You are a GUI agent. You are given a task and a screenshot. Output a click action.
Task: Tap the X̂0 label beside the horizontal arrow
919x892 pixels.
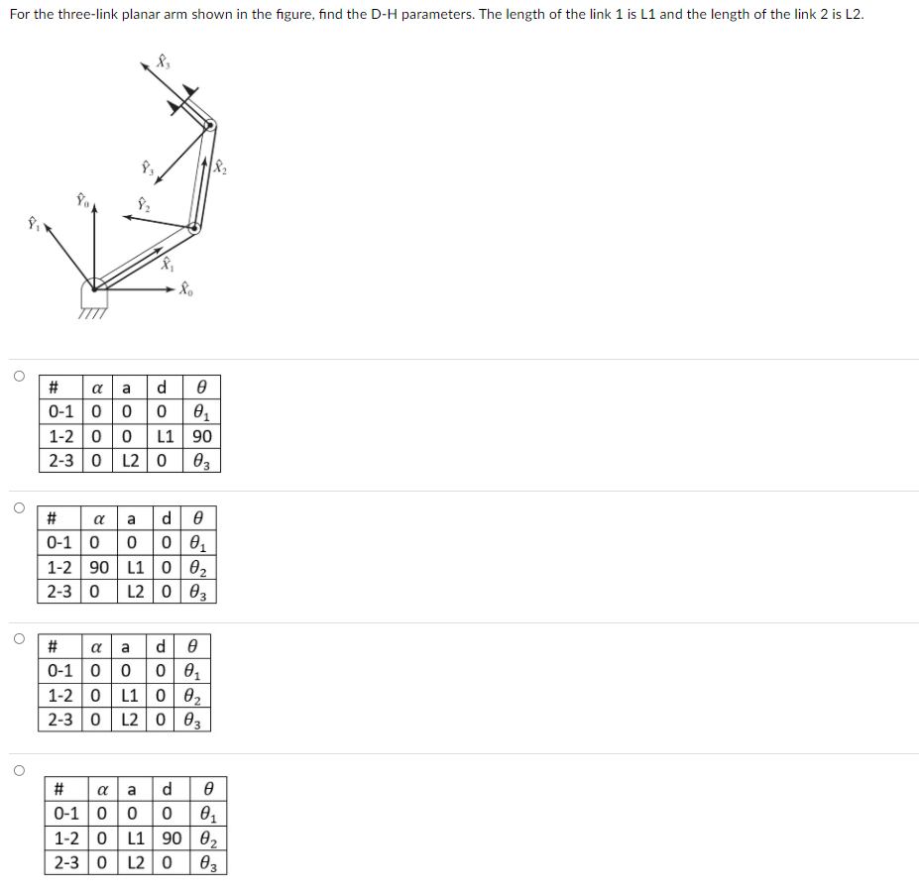[187, 290]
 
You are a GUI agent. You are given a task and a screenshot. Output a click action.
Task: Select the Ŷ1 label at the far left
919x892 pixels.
[33, 222]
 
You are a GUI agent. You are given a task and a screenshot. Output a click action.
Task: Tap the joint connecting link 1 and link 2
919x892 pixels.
[194, 227]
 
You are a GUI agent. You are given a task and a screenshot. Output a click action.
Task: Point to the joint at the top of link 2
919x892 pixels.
[209, 125]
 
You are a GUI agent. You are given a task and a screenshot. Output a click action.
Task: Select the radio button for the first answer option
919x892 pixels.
[18, 376]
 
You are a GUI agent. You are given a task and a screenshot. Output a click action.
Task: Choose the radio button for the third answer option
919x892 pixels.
[18, 638]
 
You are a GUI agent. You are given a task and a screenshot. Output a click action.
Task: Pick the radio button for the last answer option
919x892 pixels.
[18, 769]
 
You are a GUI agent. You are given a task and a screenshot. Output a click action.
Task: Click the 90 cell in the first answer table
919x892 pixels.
[202, 436]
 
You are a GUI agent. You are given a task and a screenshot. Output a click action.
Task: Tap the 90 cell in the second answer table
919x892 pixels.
[99, 568]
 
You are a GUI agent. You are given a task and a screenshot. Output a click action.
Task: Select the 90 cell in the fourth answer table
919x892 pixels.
[172, 838]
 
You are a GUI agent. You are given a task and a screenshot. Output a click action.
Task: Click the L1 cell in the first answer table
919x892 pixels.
[166, 436]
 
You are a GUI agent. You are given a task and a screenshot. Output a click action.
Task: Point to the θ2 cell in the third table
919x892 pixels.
[195, 698]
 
